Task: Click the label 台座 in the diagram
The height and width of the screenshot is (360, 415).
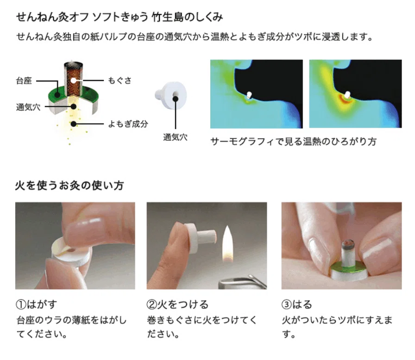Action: click(x=24, y=81)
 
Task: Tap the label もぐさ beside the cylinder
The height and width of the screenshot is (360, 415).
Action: click(x=119, y=81)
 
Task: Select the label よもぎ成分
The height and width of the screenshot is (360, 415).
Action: click(x=128, y=124)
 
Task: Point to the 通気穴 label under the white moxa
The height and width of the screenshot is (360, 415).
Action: click(x=175, y=137)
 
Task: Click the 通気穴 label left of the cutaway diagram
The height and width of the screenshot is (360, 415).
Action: click(x=28, y=107)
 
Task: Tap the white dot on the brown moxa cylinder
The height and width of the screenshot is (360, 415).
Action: click(x=74, y=80)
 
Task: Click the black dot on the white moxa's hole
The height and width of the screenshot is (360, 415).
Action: click(x=176, y=99)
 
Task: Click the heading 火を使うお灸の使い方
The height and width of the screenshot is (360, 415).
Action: click(x=69, y=185)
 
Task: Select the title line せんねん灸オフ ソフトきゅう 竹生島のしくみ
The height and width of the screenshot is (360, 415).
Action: click(x=119, y=17)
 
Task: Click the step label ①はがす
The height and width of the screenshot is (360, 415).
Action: click(x=37, y=304)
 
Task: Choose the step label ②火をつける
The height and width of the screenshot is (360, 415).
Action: click(x=177, y=304)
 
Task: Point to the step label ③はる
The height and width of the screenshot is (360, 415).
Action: click(x=297, y=304)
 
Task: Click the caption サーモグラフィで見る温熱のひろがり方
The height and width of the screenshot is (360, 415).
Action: click(x=293, y=142)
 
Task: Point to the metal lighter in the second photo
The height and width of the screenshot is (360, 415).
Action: click(x=242, y=282)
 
